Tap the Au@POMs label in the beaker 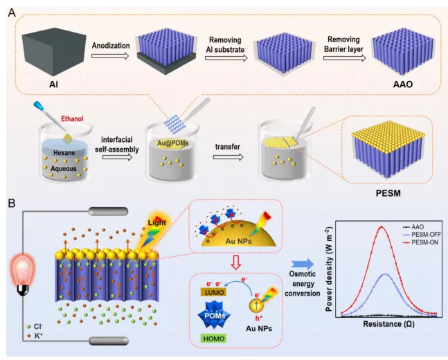tap(170, 145)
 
